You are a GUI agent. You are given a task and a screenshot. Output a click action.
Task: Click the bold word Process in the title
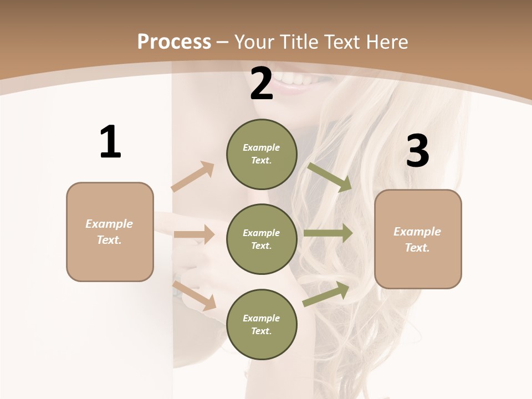coord(174,42)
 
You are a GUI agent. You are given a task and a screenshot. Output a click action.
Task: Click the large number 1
coord(110,142)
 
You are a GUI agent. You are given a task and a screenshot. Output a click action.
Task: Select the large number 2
coord(262,84)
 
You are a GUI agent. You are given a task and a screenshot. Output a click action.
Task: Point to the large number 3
coord(417,151)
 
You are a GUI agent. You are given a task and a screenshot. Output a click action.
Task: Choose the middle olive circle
coord(262,239)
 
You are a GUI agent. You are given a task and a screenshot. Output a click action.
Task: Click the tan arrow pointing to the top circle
coord(193,176)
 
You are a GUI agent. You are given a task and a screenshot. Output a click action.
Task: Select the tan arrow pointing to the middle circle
coord(194,234)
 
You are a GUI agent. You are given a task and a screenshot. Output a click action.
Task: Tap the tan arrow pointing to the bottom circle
coord(195,295)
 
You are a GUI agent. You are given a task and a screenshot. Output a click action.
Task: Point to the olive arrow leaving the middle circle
coord(328,233)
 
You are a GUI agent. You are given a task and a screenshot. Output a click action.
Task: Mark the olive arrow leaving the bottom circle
coord(326,294)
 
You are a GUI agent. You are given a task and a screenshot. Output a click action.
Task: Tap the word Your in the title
coord(253,42)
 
